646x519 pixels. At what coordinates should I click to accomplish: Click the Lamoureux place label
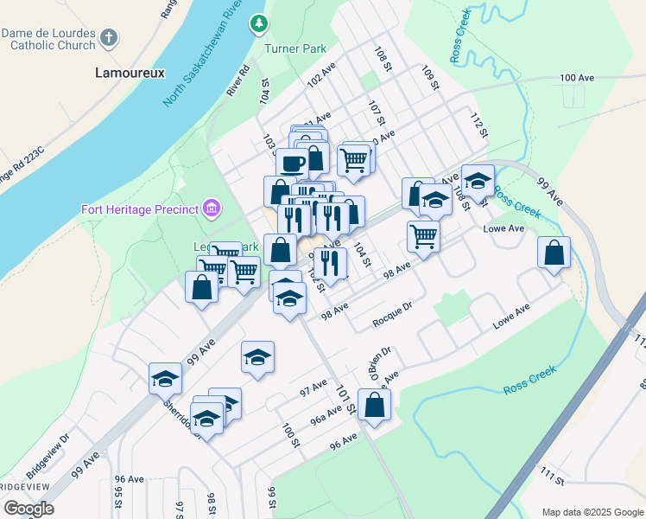point(129,74)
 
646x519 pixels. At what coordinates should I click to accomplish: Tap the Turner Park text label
point(295,49)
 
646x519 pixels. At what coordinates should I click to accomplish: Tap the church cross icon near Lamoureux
point(109,37)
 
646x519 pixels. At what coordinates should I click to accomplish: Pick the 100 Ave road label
point(577,78)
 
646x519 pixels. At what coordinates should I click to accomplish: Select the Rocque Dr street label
point(393,320)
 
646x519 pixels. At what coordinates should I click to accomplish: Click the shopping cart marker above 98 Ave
point(423,235)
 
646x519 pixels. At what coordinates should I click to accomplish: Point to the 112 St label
point(479,123)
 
